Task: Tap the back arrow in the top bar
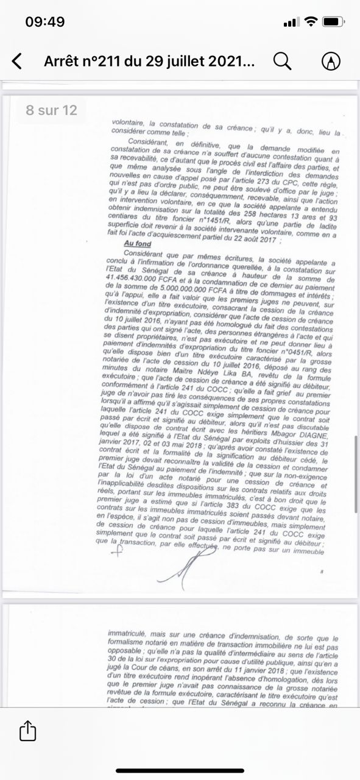pos(17,61)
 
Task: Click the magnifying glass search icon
pos(281,61)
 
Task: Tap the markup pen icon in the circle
pos(330,61)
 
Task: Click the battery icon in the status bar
pos(333,22)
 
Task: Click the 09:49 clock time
pos(44,22)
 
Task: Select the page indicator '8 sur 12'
pos(51,110)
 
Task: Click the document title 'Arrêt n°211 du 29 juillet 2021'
pos(150,61)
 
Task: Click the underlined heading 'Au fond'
pos(137,243)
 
